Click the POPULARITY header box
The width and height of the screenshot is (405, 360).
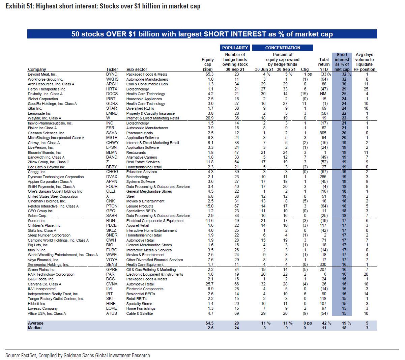click(x=235, y=48)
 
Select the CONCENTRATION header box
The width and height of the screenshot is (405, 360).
click(x=283, y=48)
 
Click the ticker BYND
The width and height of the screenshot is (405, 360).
click(x=112, y=74)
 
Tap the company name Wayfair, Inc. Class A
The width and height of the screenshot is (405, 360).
click(x=45, y=118)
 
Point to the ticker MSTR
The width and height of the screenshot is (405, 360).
click(x=112, y=138)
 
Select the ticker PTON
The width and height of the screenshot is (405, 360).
click(x=112, y=206)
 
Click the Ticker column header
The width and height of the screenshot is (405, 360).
click(x=112, y=70)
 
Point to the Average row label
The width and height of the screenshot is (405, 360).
click(x=36, y=323)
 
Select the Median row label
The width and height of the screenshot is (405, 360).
click(x=35, y=328)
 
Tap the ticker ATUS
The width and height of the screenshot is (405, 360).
click(x=112, y=313)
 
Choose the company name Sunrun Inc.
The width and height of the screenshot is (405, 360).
click(x=37, y=221)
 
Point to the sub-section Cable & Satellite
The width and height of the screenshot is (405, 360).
click(x=139, y=313)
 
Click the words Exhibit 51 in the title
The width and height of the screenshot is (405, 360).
click(x=17, y=6)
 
